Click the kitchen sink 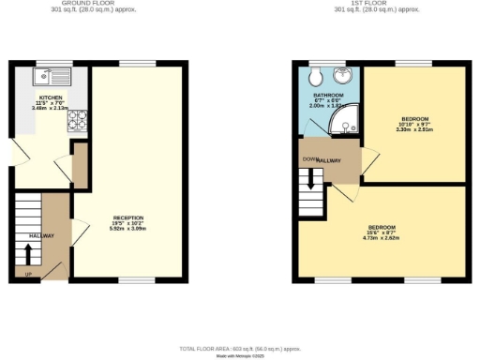[x=47, y=74]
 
